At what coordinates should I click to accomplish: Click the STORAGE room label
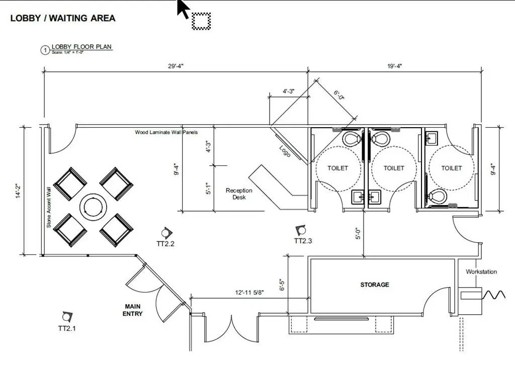375,285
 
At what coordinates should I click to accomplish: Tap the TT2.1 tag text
67,328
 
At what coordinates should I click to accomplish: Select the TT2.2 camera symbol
166,233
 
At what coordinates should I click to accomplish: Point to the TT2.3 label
303,241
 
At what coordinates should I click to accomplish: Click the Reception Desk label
239,194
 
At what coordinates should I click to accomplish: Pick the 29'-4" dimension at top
177,66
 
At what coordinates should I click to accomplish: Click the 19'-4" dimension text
395,66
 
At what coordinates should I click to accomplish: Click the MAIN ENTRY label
133,310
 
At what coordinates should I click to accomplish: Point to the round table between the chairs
93,206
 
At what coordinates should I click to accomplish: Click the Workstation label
481,271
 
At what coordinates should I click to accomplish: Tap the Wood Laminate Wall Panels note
166,133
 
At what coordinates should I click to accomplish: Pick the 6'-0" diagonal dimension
339,95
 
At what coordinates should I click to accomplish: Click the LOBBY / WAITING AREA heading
63,18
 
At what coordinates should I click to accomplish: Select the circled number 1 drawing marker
45,50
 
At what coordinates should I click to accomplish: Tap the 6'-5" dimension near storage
282,285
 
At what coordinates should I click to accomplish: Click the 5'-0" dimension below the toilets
358,233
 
